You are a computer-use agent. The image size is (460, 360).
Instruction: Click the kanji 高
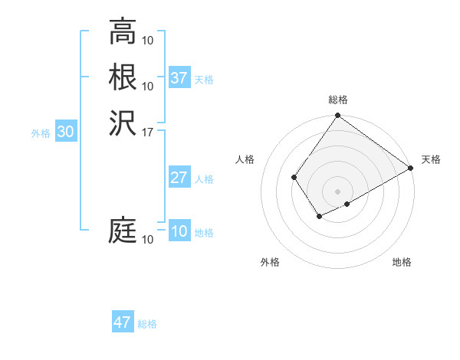[123, 31]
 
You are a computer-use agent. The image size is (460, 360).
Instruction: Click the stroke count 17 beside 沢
[148, 132]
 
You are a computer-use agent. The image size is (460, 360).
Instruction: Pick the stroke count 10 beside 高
[148, 41]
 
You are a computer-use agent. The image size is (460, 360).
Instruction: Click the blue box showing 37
[179, 78]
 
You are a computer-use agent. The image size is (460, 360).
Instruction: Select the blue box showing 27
[179, 178]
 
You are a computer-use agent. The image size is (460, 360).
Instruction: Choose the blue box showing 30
[66, 133]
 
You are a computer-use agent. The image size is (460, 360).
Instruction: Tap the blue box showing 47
[123, 322]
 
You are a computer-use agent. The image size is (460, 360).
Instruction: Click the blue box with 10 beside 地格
[179, 231]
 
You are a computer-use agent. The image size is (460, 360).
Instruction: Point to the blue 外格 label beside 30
[41, 133]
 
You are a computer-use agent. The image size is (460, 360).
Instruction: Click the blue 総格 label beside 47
[147, 324]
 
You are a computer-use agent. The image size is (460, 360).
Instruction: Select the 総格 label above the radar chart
[337, 100]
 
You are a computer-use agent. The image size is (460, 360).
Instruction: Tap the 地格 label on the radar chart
[402, 263]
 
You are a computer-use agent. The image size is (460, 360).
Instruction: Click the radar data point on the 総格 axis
[337, 116]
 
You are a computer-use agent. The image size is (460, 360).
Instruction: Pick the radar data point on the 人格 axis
[294, 178]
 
